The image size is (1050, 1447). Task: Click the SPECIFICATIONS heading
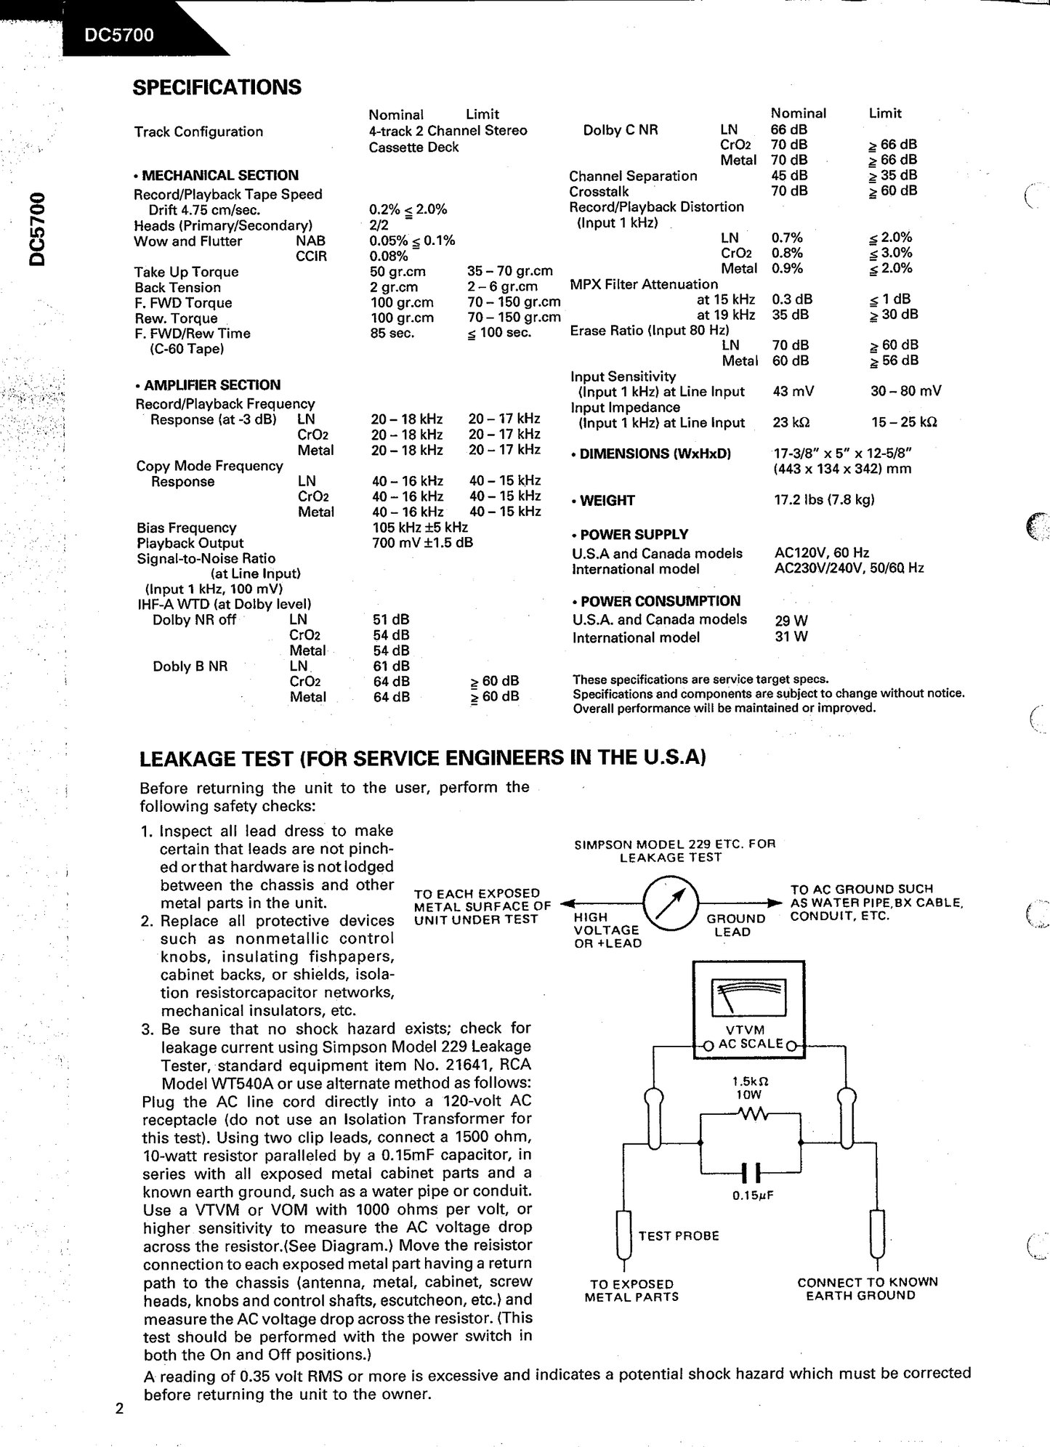coord(217,87)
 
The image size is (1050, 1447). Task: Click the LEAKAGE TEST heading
coord(422,758)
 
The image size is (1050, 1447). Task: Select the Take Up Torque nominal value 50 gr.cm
coord(397,272)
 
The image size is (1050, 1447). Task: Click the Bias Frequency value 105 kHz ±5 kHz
coord(420,528)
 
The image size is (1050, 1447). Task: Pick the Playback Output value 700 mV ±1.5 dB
coord(422,543)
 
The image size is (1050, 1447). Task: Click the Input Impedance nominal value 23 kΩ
coord(791,422)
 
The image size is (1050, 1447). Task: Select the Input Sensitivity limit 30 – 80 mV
coord(905,391)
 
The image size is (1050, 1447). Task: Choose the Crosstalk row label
coord(599,191)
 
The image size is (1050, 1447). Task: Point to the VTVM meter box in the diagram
coord(748,1007)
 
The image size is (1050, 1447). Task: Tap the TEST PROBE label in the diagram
coord(679,1236)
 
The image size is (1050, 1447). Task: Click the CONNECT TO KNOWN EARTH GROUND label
coord(867,1289)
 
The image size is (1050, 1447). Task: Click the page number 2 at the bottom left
coord(120,1409)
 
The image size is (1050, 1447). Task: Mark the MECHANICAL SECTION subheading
coord(217,175)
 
